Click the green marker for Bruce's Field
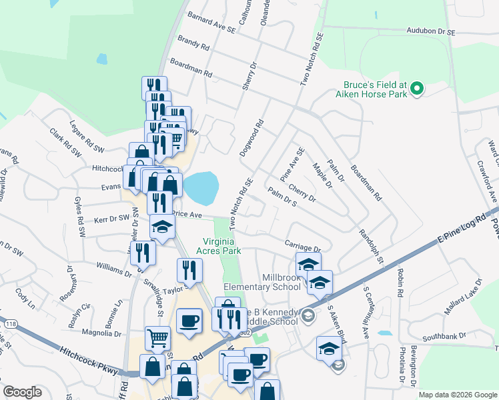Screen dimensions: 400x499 coord(417,89)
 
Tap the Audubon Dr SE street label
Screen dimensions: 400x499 coord(431,31)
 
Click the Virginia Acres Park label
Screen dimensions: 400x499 coord(223,246)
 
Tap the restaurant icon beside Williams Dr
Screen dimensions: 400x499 coord(143,252)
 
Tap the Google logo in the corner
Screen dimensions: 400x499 coord(23,392)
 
